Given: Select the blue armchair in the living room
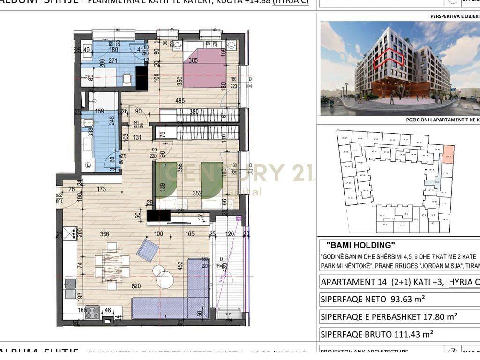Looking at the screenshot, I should click(x=148, y=249).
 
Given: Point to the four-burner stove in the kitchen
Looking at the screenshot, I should click(x=92, y=312).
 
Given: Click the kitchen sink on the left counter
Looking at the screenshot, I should click(x=70, y=288).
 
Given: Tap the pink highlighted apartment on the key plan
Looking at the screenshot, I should click(x=448, y=154).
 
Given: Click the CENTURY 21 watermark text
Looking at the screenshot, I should click(x=234, y=172).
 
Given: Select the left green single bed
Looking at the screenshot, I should click(x=165, y=180).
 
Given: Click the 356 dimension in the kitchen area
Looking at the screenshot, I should click(x=105, y=235).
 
